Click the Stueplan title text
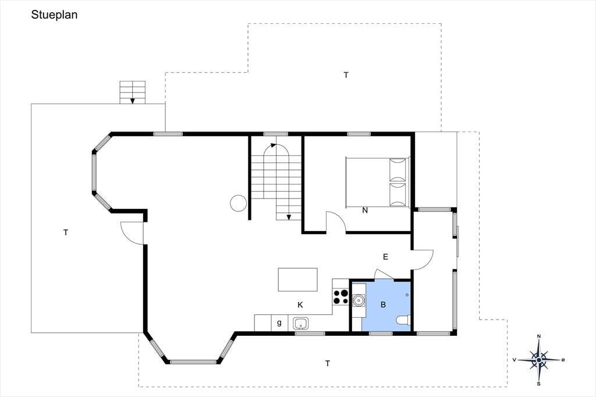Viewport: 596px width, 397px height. tap(54, 15)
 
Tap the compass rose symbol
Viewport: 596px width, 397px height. tap(538, 360)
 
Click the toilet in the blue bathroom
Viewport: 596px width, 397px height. tap(403, 320)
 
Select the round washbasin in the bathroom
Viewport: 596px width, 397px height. tap(358, 300)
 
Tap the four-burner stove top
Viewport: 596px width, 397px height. tap(340, 297)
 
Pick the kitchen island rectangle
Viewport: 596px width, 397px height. tap(297, 279)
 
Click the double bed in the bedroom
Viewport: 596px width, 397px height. tap(377, 182)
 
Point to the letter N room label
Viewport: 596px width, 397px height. tap(365, 210)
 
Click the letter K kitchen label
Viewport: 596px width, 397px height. tap(300, 305)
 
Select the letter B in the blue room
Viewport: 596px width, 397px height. tap(383, 304)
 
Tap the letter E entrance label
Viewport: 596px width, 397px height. tap(385, 257)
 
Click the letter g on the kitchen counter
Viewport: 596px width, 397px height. tap(279, 323)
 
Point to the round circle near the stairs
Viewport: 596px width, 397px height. tap(238, 203)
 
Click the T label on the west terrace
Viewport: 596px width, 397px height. tap(66, 232)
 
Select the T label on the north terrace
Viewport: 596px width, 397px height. tap(346, 75)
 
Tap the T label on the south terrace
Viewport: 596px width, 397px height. tap(328, 364)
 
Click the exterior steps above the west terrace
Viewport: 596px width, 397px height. tap(132, 92)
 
